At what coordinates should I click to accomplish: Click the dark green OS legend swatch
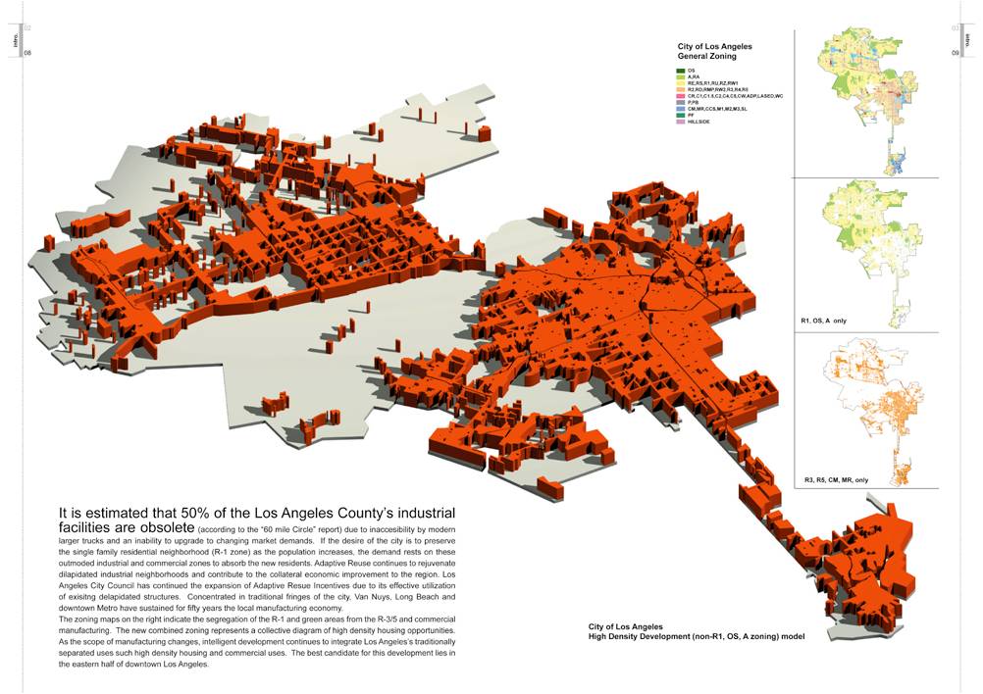point(680,71)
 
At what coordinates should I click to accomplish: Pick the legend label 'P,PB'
point(693,102)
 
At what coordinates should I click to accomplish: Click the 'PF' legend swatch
point(680,115)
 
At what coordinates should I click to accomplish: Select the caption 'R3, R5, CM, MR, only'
point(836,480)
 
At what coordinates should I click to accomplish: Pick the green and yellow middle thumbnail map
point(863,250)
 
